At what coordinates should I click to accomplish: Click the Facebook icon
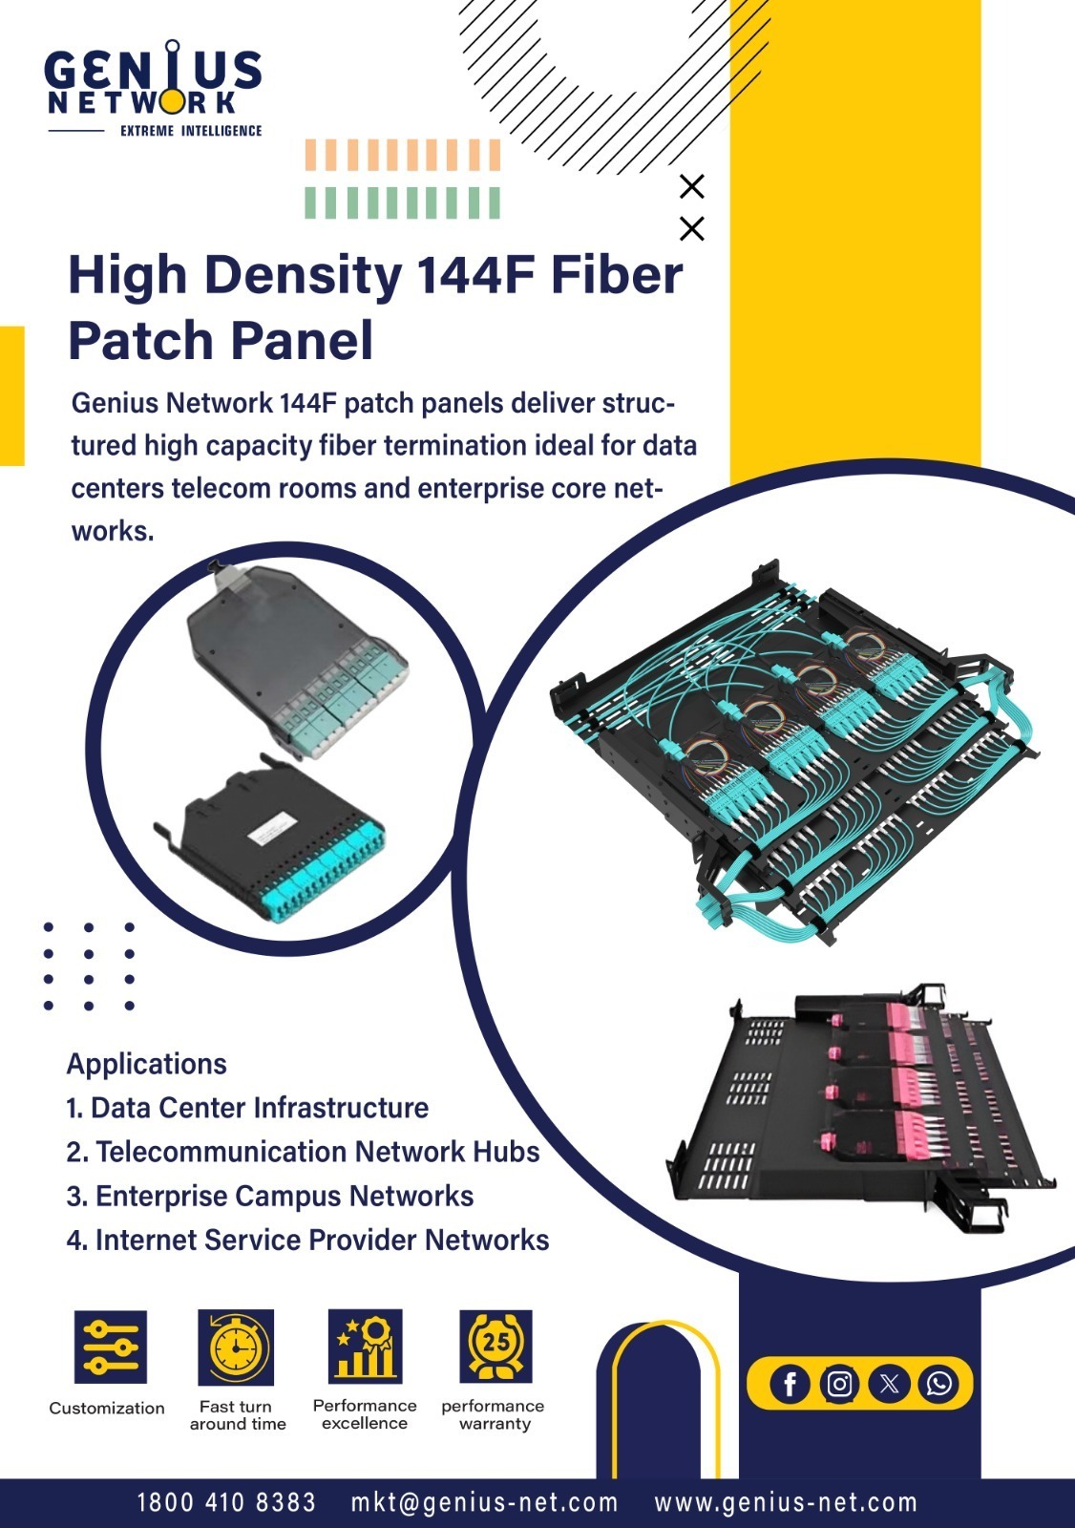coord(790,1384)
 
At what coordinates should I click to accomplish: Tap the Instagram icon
coord(839,1384)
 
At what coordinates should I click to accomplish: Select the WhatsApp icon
coord(938,1384)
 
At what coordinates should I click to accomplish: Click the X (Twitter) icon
coord(889,1384)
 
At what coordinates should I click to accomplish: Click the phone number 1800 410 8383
coord(226,1501)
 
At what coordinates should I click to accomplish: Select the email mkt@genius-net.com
coord(484,1501)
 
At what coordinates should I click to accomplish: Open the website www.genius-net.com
coord(786,1501)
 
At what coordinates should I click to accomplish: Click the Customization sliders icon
coord(111,1346)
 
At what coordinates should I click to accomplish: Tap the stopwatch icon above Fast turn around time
coord(236,1346)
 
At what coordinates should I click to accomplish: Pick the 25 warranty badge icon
coord(495,1346)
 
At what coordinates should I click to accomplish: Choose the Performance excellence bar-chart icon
coord(366,1346)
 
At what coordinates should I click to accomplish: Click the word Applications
coord(147,1064)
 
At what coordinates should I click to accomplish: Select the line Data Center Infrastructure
coord(247,1108)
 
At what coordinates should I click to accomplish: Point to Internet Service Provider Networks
coord(307,1241)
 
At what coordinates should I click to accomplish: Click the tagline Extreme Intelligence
coord(191,130)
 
